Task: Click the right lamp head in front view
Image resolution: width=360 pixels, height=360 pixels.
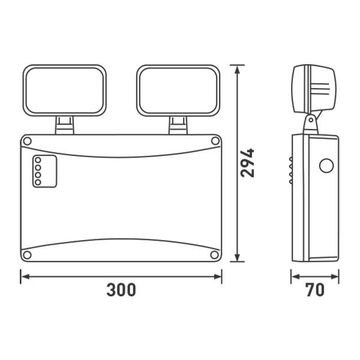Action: coord(179,90)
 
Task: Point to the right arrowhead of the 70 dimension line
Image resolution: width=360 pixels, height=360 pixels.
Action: coord(339,277)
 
